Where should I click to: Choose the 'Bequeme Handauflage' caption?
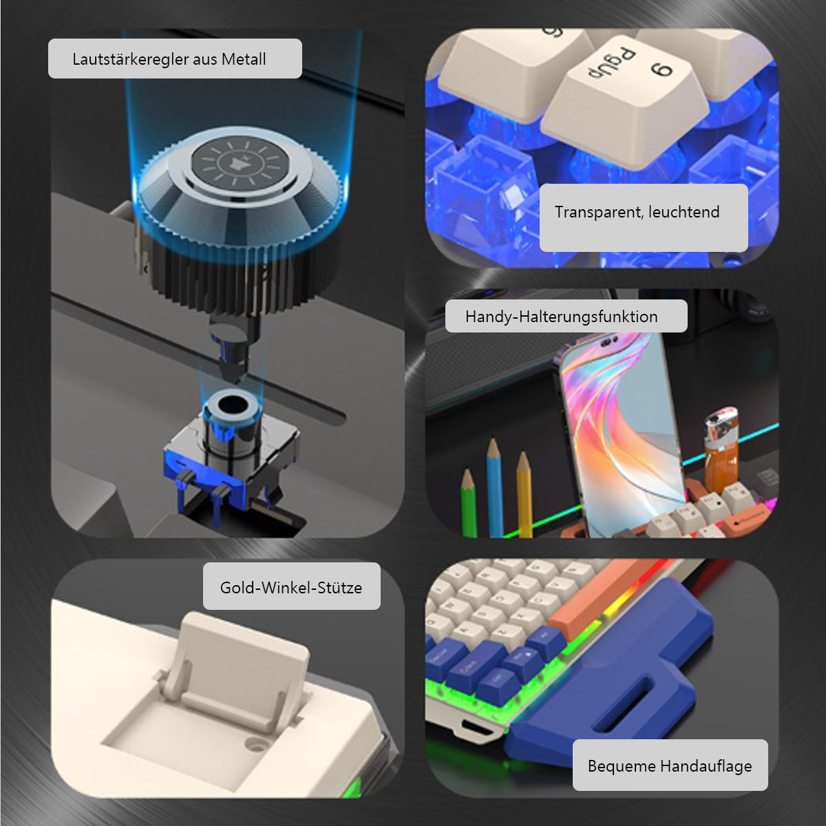point(670,765)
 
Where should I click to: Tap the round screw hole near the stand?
point(256,745)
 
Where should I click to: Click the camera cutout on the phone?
point(611,341)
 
